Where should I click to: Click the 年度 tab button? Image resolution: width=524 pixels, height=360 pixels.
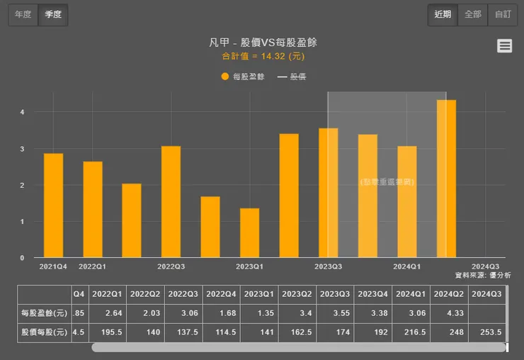pyautogui.click(x=23, y=14)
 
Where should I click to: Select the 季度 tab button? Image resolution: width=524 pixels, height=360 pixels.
pyautogui.click(x=53, y=14)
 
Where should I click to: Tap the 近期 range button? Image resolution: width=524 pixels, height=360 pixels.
pyautogui.click(x=443, y=14)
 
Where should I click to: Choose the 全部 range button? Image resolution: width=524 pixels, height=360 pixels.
pyautogui.click(x=472, y=14)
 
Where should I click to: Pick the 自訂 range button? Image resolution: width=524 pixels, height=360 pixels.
pyautogui.click(x=502, y=14)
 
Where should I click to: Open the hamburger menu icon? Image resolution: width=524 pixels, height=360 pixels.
pyautogui.click(x=504, y=46)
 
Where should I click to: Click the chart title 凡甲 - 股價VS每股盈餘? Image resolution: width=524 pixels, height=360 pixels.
pyautogui.click(x=263, y=43)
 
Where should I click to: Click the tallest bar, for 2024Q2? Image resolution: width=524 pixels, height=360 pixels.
pyautogui.click(x=446, y=179)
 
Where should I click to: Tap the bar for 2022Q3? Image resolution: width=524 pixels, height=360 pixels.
pyautogui.click(x=171, y=202)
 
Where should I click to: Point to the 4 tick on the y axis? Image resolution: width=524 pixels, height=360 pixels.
pyautogui.click(x=22, y=112)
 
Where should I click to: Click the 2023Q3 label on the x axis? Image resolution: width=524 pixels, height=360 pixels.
pyautogui.click(x=328, y=266)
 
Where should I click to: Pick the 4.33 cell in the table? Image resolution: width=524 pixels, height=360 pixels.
pyautogui.click(x=451, y=313)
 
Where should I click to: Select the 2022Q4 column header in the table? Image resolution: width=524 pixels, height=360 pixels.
pyautogui.click(x=222, y=294)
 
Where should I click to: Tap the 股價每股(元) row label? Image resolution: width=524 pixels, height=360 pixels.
pyautogui.click(x=43, y=332)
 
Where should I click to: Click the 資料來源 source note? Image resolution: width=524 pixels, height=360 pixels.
pyautogui.click(x=482, y=275)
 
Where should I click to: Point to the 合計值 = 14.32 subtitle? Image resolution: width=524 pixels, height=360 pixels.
pyautogui.click(x=263, y=56)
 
